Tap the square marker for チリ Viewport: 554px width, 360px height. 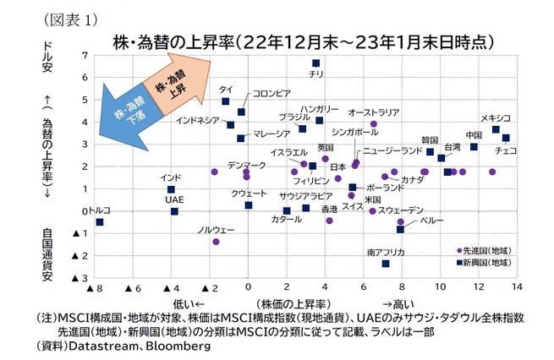(316, 63)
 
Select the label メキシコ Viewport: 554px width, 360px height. (495, 117)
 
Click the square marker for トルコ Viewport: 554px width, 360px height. (100, 222)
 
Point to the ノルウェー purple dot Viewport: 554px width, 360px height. (216, 242)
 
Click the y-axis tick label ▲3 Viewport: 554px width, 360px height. (81, 278)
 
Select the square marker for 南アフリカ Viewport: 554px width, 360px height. (386, 264)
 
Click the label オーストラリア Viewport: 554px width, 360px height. (374, 112)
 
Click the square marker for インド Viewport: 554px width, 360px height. (171, 190)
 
